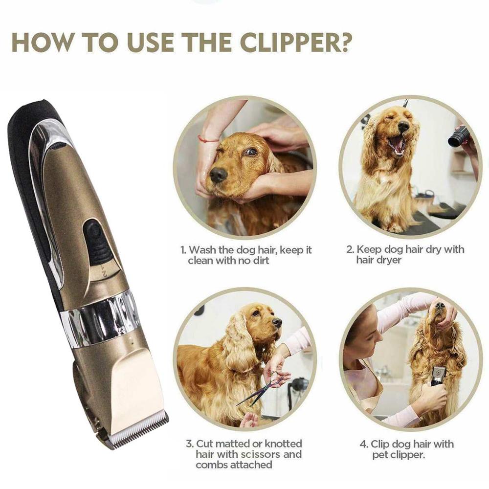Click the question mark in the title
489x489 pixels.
click(343, 43)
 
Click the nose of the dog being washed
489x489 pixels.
click(218, 174)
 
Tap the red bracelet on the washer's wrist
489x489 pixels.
click(208, 140)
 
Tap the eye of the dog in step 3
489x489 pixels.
click(256, 313)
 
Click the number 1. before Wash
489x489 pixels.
click(183, 250)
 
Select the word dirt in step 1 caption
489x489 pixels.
click(260, 261)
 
